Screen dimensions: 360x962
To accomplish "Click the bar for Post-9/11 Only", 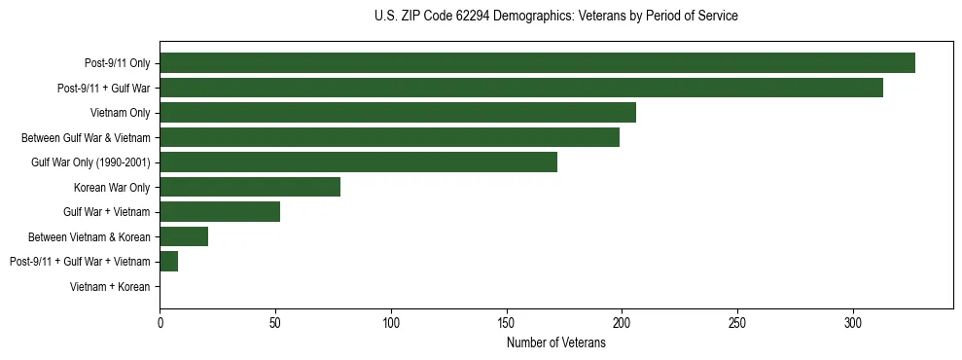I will [537, 63].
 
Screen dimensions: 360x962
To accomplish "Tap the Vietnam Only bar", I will [398, 113].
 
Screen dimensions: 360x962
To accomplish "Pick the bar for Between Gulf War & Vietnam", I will [389, 137].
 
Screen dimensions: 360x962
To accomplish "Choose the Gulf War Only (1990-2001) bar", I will [358, 162].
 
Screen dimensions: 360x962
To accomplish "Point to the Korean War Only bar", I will [250, 187].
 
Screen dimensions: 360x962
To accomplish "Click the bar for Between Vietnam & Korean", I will [184, 236].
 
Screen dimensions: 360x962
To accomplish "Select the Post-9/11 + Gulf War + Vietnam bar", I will [169, 261].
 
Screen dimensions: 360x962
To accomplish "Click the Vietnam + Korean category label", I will [110, 286].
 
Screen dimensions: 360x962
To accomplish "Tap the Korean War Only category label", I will [112, 187].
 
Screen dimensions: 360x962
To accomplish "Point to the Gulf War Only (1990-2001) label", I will [90, 162].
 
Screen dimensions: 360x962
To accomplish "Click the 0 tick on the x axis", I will [160, 322].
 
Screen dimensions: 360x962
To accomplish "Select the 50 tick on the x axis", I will [275, 322].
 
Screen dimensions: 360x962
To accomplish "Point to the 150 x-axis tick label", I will [506, 322].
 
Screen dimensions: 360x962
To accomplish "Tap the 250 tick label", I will [737, 322].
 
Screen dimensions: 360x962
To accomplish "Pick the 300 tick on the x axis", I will [853, 322].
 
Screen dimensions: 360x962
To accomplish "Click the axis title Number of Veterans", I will [556, 342].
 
